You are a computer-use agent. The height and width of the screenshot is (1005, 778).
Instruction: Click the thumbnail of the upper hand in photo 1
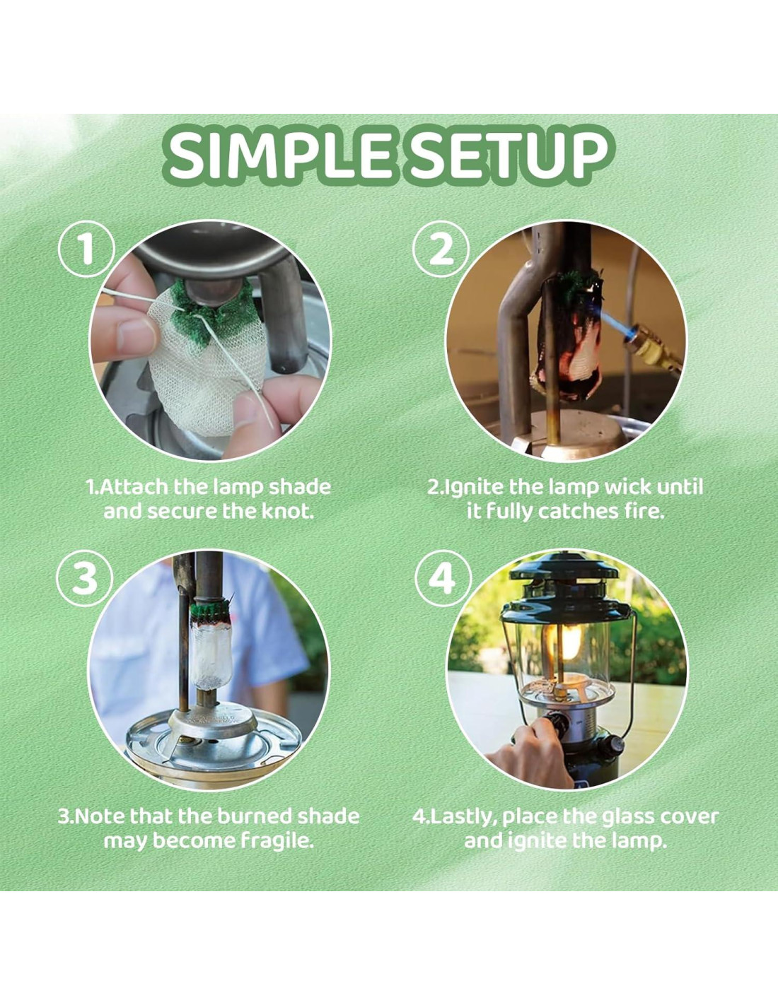134,334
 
